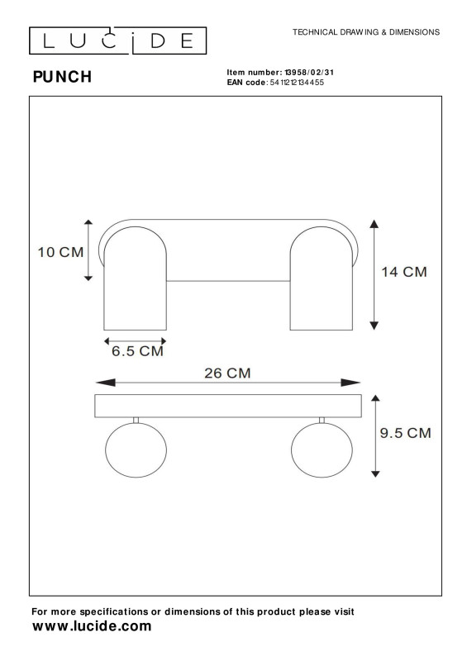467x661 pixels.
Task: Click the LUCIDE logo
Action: [x=117, y=40]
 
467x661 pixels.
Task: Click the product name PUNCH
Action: [x=62, y=77]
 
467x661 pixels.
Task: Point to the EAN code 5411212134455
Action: [x=297, y=82]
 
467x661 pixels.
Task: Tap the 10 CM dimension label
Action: [x=60, y=252]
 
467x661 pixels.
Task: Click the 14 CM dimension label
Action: [x=404, y=272]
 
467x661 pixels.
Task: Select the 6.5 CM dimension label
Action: [x=137, y=351]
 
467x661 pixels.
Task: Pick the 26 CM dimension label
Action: [x=227, y=373]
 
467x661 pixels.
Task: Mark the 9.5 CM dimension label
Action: [x=405, y=433]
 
